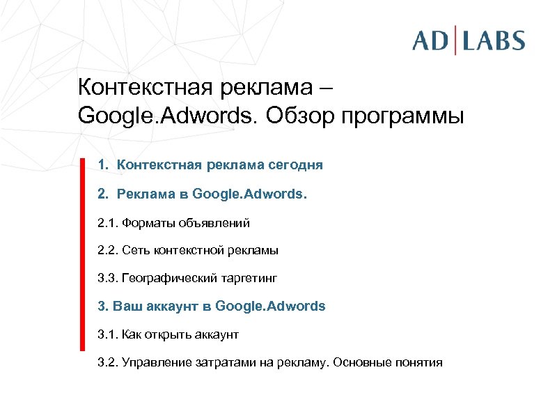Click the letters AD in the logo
click(431, 40)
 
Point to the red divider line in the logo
click(456, 40)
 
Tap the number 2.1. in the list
click(108, 223)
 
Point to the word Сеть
click(134, 251)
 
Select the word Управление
click(155, 363)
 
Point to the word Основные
click(363, 363)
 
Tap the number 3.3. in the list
click(108, 279)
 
